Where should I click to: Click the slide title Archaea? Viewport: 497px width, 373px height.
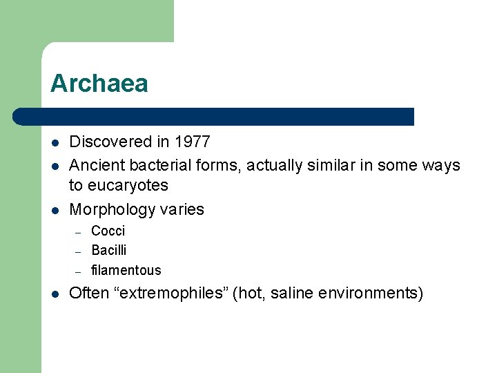(x=99, y=84)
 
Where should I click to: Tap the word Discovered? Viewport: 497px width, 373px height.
(x=110, y=142)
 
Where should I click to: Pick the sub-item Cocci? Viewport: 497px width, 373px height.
(x=108, y=231)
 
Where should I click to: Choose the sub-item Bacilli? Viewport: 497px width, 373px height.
(x=109, y=250)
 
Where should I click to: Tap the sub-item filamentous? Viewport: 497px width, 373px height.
(x=126, y=270)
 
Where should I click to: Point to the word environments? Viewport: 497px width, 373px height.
(x=371, y=293)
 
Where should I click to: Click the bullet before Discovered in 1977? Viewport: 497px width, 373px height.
(x=55, y=143)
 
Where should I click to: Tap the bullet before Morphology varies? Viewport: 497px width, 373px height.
(x=55, y=210)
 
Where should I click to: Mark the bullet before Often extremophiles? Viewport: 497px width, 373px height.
(x=55, y=294)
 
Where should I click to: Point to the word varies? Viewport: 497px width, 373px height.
(x=184, y=209)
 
